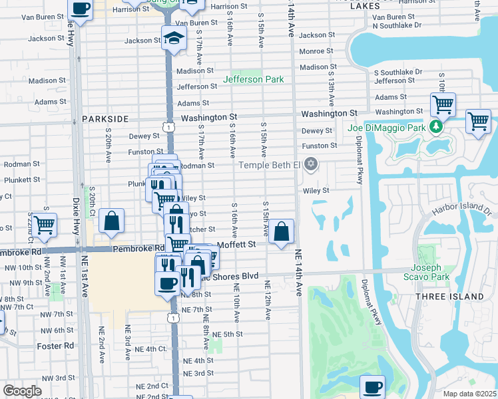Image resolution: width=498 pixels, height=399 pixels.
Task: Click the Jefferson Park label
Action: coord(253,79)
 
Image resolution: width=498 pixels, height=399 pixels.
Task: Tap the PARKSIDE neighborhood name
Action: coord(105,118)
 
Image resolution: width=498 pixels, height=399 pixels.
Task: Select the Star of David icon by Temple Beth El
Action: coord(310,164)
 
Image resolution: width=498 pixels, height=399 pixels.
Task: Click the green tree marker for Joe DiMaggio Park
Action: coord(436,126)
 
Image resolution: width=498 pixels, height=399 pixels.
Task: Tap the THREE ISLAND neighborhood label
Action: coord(449,296)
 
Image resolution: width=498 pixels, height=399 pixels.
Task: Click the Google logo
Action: coord(22,391)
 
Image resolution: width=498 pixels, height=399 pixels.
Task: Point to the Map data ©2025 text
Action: coord(469,394)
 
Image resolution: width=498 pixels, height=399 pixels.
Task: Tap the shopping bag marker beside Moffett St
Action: coord(282,232)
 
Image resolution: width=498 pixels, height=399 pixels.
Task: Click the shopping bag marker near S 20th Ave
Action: coord(112,221)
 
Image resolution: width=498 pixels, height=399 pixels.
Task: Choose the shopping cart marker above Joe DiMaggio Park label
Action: coord(443,104)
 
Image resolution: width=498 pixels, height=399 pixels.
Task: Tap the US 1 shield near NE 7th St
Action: coord(173,319)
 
